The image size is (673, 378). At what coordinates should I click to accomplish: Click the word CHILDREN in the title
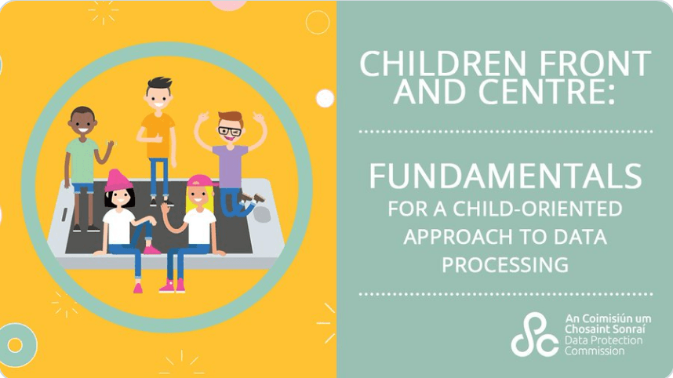(442, 64)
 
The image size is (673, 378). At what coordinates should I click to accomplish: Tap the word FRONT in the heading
(595, 64)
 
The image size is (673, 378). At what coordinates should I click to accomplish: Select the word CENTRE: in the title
(547, 92)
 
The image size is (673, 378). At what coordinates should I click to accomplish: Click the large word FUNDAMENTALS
(506, 176)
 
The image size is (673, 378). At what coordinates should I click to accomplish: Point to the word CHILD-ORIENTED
(537, 209)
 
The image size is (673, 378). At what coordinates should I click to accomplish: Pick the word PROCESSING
(505, 265)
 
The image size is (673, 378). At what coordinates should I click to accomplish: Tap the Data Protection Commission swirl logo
(534, 335)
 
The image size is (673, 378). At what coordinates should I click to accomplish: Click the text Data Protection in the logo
(603, 340)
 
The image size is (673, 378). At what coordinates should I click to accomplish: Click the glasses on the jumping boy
(230, 131)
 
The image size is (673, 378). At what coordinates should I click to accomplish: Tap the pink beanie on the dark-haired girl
(118, 180)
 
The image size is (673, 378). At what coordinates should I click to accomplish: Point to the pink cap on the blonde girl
(200, 180)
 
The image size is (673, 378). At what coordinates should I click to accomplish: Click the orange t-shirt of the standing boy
(158, 135)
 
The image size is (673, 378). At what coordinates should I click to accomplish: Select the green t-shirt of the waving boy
(82, 160)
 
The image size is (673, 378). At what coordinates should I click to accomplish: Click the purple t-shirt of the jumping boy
(231, 166)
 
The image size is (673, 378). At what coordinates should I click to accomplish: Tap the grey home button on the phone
(261, 214)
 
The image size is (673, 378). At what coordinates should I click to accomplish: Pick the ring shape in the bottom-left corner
(16, 345)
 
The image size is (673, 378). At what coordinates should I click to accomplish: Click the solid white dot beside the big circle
(325, 98)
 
